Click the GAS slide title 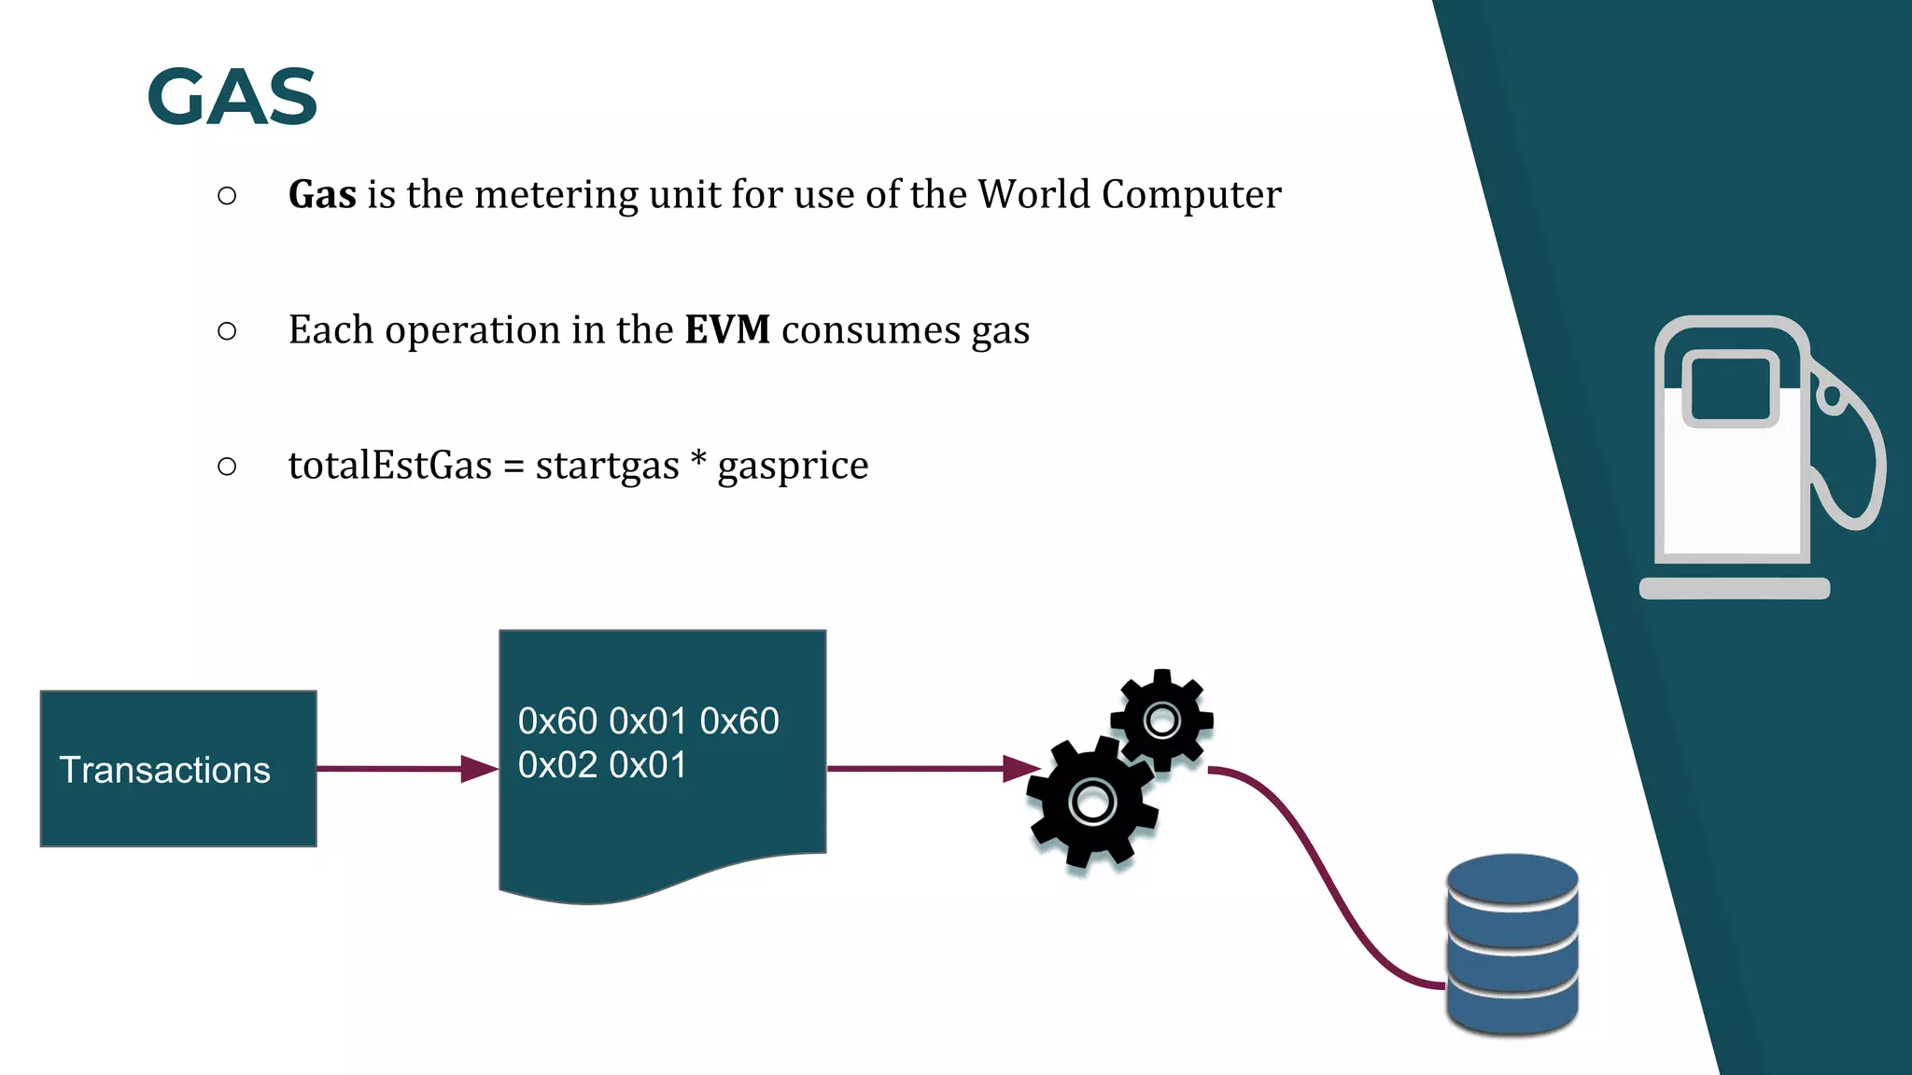pyautogui.click(x=232, y=97)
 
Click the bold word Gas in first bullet pyautogui.click(x=322, y=195)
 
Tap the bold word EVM pyautogui.click(x=726, y=330)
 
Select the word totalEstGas pyautogui.click(x=389, y=466)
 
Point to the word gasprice pyautogui.click(x=793, y=466)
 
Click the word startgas pyautogui.click(x=607, y=466)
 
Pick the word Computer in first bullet pyautogui.click(x=1190, y=195)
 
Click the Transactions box pyautogui.click(x=178, y=769)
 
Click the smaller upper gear pyautogui.click(x=1161, y=720)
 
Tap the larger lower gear pyautogui.click(x=1091, y=803)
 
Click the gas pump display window pyautogui.click(x=1730, y=388)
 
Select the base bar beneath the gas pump pyautogui.click(x=1734, y=589)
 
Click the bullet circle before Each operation pyautogui.click(x=227, y=330)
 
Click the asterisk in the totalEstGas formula pyautogui.click(x=697, y=460)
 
